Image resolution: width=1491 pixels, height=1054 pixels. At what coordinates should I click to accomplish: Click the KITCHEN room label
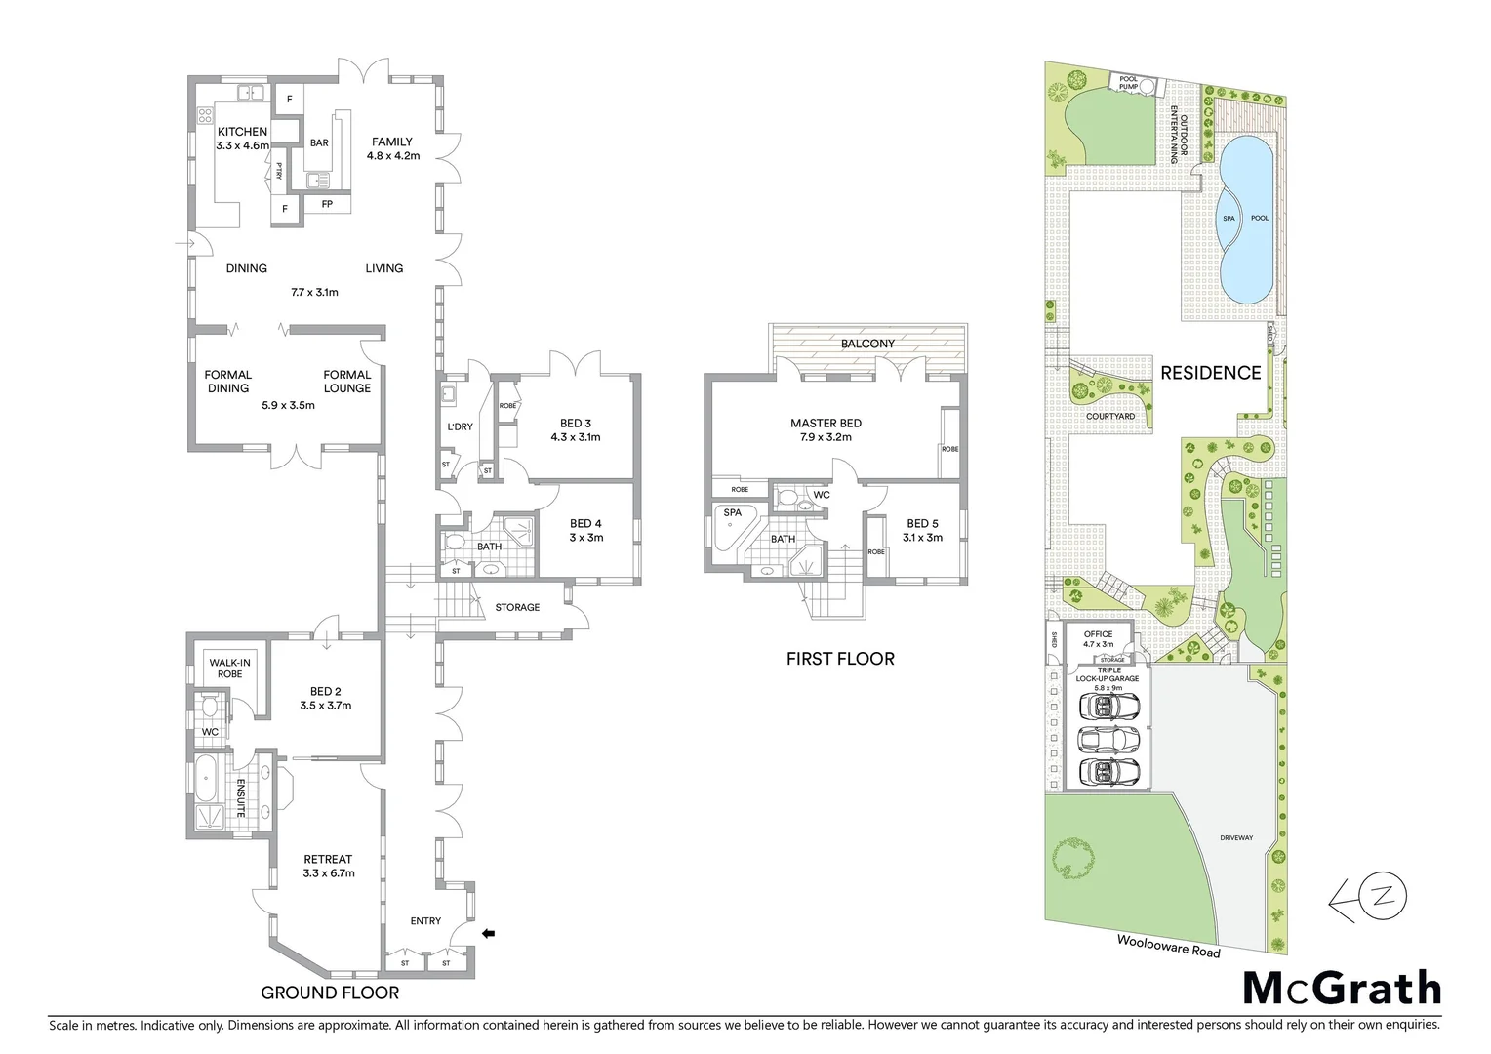click(242, 132)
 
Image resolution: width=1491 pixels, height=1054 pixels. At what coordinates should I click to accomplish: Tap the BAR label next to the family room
click(319, 142)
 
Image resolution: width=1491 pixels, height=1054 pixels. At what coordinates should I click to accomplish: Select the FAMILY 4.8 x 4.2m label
click(392, 148)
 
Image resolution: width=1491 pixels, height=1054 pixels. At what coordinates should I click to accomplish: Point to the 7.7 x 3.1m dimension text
click(314, 292)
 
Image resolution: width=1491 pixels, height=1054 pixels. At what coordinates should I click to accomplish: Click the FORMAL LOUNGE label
click(347, 381)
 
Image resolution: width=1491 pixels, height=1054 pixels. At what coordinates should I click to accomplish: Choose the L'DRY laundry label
click(460, 426)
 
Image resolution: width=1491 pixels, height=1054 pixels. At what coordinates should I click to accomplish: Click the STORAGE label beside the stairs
click(517, 607)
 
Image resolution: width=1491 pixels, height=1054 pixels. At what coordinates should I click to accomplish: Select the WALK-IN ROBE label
click(229, 669)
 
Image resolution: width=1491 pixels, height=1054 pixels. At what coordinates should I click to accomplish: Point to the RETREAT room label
click(328, 860)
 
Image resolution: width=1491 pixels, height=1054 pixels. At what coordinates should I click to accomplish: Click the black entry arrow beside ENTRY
click(489, 934)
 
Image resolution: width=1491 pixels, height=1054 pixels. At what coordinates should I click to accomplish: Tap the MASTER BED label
click(826, 424)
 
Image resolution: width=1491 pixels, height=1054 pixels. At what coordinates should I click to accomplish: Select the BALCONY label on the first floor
click(867, 344)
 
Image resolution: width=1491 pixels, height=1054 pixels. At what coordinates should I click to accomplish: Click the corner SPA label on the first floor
click(732, 512)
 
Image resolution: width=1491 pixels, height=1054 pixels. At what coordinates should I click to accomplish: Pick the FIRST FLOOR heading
click(840, 659)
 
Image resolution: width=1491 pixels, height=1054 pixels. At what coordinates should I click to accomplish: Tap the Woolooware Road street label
click(1168, 945)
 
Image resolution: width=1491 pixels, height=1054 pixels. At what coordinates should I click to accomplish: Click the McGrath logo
click(1342, 989)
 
